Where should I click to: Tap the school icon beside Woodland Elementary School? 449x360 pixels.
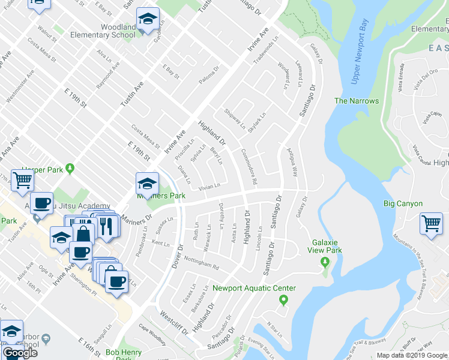[147, 20]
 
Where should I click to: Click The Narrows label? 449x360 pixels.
[357, 101]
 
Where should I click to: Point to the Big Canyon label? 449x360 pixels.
[403, 204]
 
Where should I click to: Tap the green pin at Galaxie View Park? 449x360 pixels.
[325, 262]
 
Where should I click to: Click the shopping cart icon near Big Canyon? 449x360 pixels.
[432, 224]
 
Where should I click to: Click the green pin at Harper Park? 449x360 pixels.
[71, 168]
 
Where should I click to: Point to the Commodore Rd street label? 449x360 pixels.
[248, 167]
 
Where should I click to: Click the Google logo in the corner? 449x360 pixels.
[19, 353]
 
